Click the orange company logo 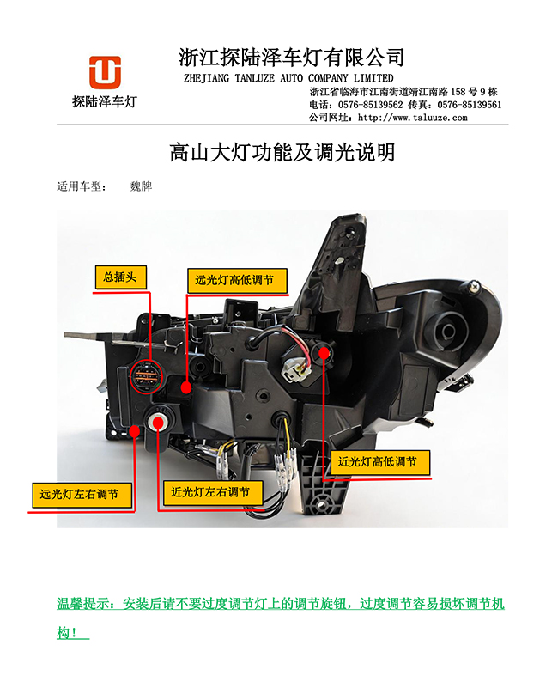(105, 72)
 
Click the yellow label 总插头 (121, 277)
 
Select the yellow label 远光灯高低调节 (238, 281)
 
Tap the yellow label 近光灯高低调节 (380, 463)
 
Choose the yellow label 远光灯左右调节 (82, 495)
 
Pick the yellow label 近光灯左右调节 (213, 493)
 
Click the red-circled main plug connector (147, 376)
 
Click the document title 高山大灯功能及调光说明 (282, 152)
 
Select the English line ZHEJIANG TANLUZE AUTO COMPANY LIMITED (288, 78)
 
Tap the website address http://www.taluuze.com (412, 118)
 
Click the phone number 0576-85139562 (370, 105)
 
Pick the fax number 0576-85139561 (470, 105)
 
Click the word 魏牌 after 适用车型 (141, 186)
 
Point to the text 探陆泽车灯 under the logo (104, 101)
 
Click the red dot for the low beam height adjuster (324, 353)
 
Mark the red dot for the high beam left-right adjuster (135, 430)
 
